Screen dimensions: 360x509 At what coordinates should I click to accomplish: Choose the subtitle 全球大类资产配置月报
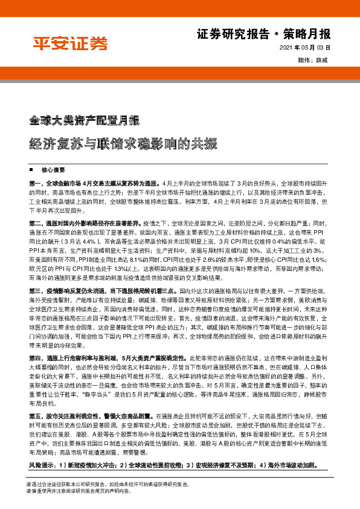[85, 119]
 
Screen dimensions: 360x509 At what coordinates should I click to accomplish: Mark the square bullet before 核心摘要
[30, 170]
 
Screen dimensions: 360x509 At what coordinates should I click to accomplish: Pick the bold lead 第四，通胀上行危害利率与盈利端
[79, 341]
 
